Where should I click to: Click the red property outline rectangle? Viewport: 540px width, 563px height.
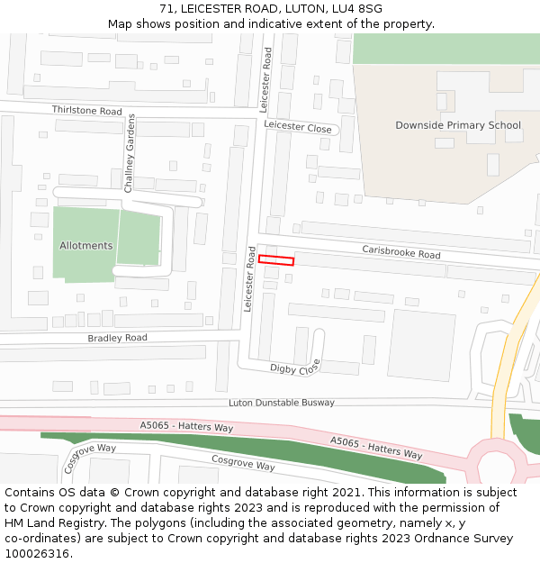pyautogui.click(x=276, y=260)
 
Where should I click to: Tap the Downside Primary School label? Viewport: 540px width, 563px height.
pyautogui.click(x=458, y=125)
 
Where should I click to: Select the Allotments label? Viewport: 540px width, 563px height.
pyautogui.click(x=86, y=245)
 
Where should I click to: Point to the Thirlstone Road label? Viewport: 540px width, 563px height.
pyautogui.click(x=86, y=111)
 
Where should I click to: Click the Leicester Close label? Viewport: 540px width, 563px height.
pyautogui.click(x=298, y=128)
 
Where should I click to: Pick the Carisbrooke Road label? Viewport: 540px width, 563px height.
pyautogui.click(x=401, y=252)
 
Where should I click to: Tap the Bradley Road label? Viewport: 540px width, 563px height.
pyautogui.click(x=117, y=338)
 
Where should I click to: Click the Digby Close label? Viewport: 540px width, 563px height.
pyautogui.click(x=295, y=368)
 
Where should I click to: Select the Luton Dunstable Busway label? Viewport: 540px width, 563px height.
pyautogui.click(x=282, y=403)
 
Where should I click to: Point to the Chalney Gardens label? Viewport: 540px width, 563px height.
pyautogui.click(x=130, y=153)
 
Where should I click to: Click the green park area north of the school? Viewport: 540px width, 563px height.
pyautogui.click(x=445, y=49)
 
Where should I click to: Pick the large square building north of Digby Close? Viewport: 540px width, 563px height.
pyautogui.click(x=421, y=345)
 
